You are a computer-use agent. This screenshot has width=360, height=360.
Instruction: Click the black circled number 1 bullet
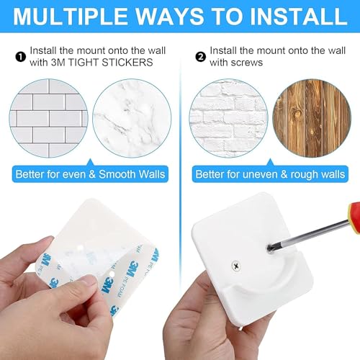20,57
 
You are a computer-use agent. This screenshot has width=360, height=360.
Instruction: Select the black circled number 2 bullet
200,57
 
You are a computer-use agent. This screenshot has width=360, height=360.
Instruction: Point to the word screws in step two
248,63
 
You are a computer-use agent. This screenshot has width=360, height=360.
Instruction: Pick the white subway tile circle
49,118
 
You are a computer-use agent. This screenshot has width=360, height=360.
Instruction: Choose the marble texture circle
132,118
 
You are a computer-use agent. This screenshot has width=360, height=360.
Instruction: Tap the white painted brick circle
228,118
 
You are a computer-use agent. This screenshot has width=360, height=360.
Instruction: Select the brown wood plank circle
312,118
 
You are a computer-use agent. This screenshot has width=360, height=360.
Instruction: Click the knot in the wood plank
298,114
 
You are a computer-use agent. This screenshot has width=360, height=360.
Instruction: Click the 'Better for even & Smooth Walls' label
90,174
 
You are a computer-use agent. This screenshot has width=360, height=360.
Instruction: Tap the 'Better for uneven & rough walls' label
270,174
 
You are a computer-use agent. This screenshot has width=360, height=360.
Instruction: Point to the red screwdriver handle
355,217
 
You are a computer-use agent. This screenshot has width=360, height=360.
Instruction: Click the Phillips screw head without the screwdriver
236,266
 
